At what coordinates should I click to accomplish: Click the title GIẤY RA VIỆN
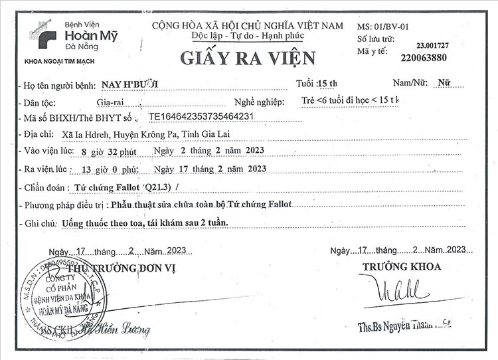pyautogui.click(x=248, y=58)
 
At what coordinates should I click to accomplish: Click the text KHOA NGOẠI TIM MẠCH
pyautogui.click(x=59, y=61)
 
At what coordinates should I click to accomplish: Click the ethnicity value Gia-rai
pyautogui.click(x=110, y=102)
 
